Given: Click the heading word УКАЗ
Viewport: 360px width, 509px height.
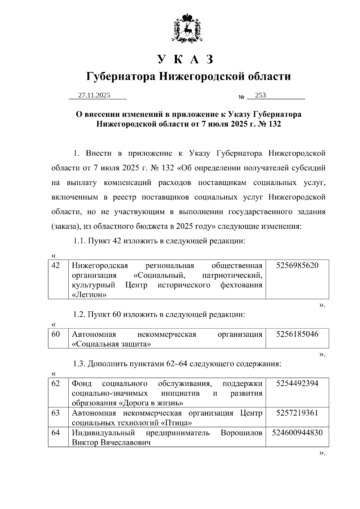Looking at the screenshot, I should [x=186, y=59].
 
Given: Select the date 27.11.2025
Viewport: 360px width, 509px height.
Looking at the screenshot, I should [x=94, y=95].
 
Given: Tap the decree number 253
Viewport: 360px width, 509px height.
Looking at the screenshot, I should [x=260, y=95].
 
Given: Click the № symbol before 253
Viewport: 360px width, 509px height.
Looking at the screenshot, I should [x=241, y=97].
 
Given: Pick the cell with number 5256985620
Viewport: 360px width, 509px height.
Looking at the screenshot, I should [x=297, y=265].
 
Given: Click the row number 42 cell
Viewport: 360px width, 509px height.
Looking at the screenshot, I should [x=56, y=265].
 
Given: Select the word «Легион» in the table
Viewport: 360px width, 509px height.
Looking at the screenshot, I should [x=89, y=295].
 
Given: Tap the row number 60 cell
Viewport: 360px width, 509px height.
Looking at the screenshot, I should [x=56, y=334].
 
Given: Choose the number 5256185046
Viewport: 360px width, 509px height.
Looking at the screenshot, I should [x=297, y=334].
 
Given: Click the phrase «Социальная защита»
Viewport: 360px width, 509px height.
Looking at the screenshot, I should [x=111, y=344].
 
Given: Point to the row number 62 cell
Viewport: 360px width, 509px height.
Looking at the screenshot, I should [x=56, y=383].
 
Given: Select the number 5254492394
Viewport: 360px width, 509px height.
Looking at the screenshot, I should [x=297, y=383].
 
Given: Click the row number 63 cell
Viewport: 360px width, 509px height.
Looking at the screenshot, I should [x=56, y=413].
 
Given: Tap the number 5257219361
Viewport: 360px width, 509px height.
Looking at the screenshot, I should [x=297, y=413].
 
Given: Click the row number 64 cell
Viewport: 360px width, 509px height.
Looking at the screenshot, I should [x=56, y=433].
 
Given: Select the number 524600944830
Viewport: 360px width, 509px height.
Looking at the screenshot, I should [x=297, y=433].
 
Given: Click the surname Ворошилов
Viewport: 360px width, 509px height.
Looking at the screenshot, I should [x=241, y=433].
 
